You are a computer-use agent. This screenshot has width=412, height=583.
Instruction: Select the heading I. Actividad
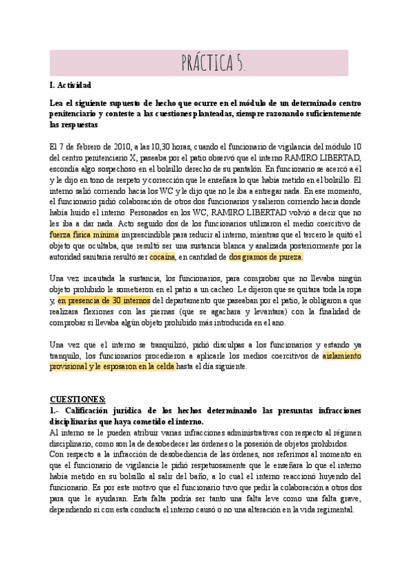71,85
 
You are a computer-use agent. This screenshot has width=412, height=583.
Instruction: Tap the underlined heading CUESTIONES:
78,399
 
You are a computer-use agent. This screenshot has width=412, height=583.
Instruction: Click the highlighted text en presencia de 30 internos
104,300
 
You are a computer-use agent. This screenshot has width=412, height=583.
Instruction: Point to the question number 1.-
56,410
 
